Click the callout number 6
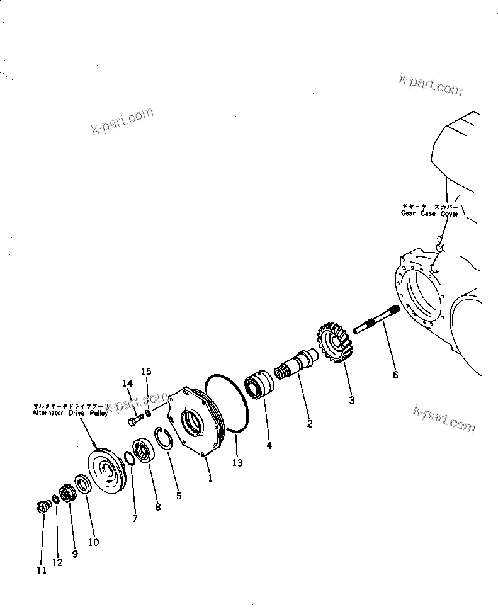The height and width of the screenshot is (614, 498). (395, 375)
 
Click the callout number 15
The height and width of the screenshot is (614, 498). (145, 371)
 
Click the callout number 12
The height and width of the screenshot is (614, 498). (57, 563)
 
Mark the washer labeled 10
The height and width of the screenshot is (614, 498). (81, 484)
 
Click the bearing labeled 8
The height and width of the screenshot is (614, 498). (144, 452)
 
